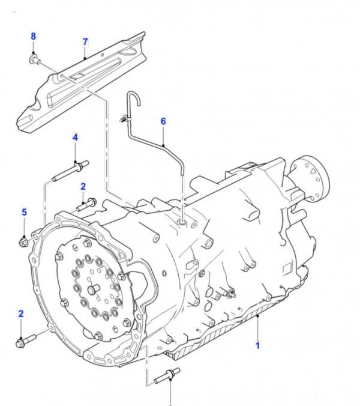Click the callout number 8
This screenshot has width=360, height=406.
34,37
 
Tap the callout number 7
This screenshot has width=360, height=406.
85,42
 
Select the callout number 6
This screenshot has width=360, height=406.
163,121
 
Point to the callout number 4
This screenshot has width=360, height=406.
75,138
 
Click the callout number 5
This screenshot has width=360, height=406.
24,213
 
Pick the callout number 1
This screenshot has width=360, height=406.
257,345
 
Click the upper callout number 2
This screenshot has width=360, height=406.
83,187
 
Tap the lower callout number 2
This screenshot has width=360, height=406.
21,314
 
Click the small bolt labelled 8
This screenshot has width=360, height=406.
35,59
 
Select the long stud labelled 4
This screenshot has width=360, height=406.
70,171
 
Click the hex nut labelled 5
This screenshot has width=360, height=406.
23,241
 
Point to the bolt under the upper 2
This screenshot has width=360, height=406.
86,205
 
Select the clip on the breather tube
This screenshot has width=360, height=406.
125,118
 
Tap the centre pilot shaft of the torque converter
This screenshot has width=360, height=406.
94,289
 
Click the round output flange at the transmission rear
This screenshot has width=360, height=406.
316,178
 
